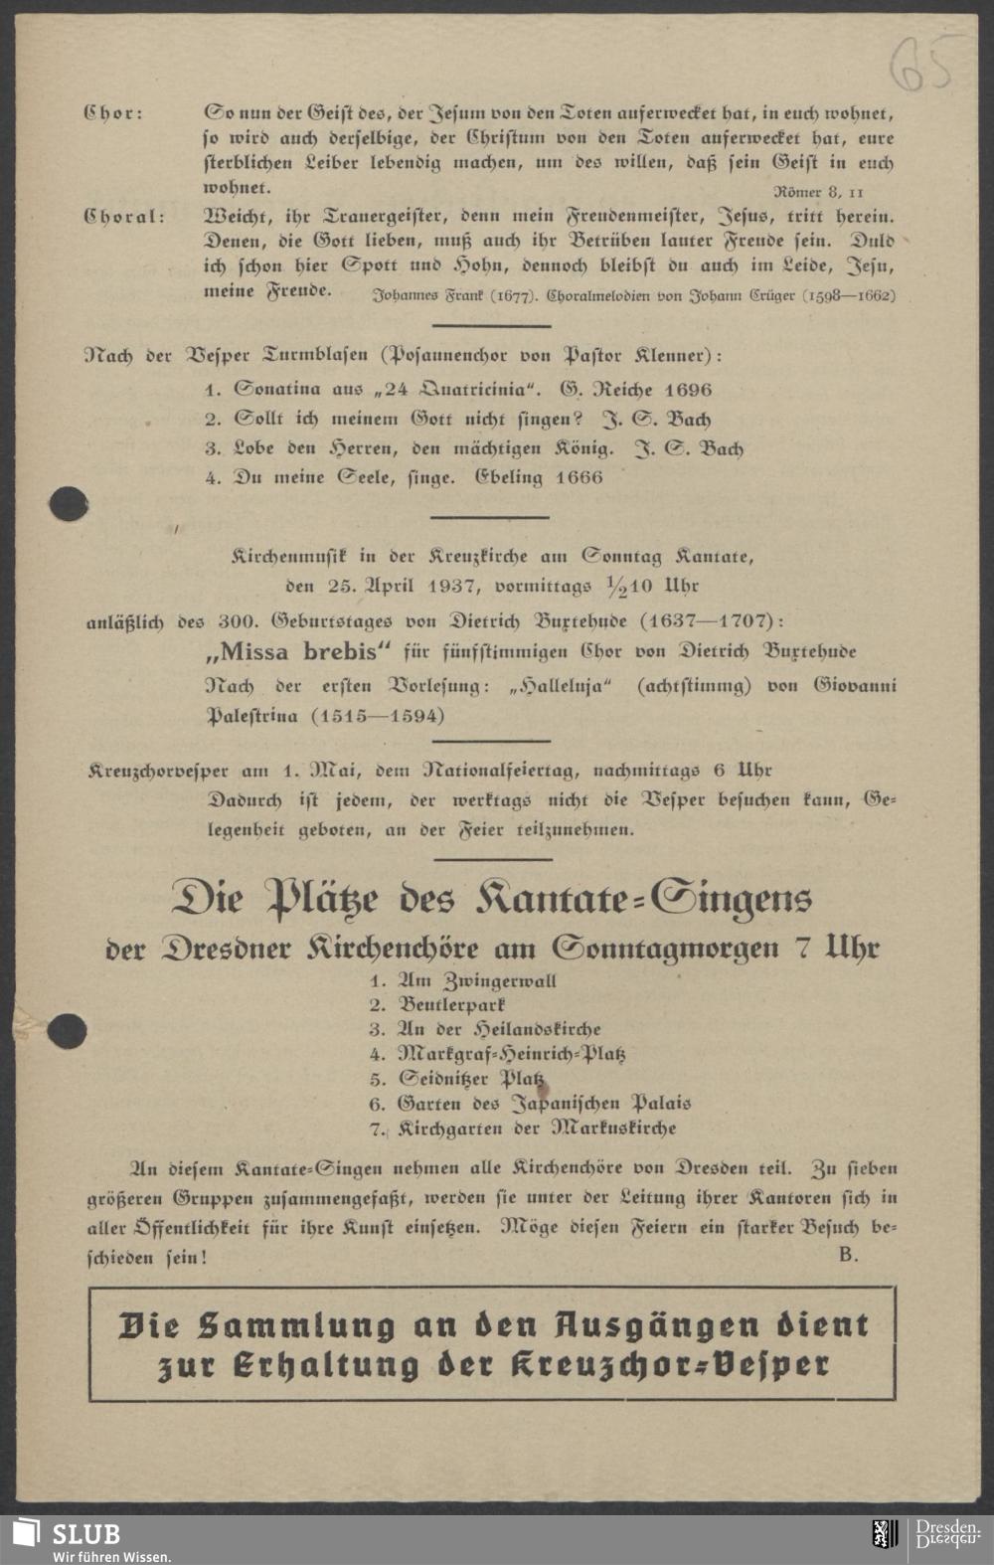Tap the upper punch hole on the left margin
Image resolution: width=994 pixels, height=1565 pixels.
click(x=68, y=504)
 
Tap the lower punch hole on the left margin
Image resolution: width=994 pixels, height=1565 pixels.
click(x=67, y=1031)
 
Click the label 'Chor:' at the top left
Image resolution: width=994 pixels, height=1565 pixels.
click(x=112, y=113)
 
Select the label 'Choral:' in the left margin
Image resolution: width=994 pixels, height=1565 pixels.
click(x=124, y=216)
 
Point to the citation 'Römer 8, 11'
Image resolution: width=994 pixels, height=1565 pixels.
click(x=818, y=191)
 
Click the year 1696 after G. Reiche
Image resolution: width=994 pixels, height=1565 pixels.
click(x=676, y=390)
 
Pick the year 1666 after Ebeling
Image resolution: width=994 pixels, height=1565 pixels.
click(x=579, y=477)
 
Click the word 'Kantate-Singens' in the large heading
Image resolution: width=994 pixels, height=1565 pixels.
click(x=644, y=899)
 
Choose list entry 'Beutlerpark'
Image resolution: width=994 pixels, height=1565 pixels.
click(x=452, y=1005)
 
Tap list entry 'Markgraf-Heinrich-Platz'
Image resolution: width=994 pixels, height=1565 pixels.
click(x=511, y=1054)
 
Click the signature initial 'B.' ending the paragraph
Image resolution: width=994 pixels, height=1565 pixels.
click(x=848, y=1255)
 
